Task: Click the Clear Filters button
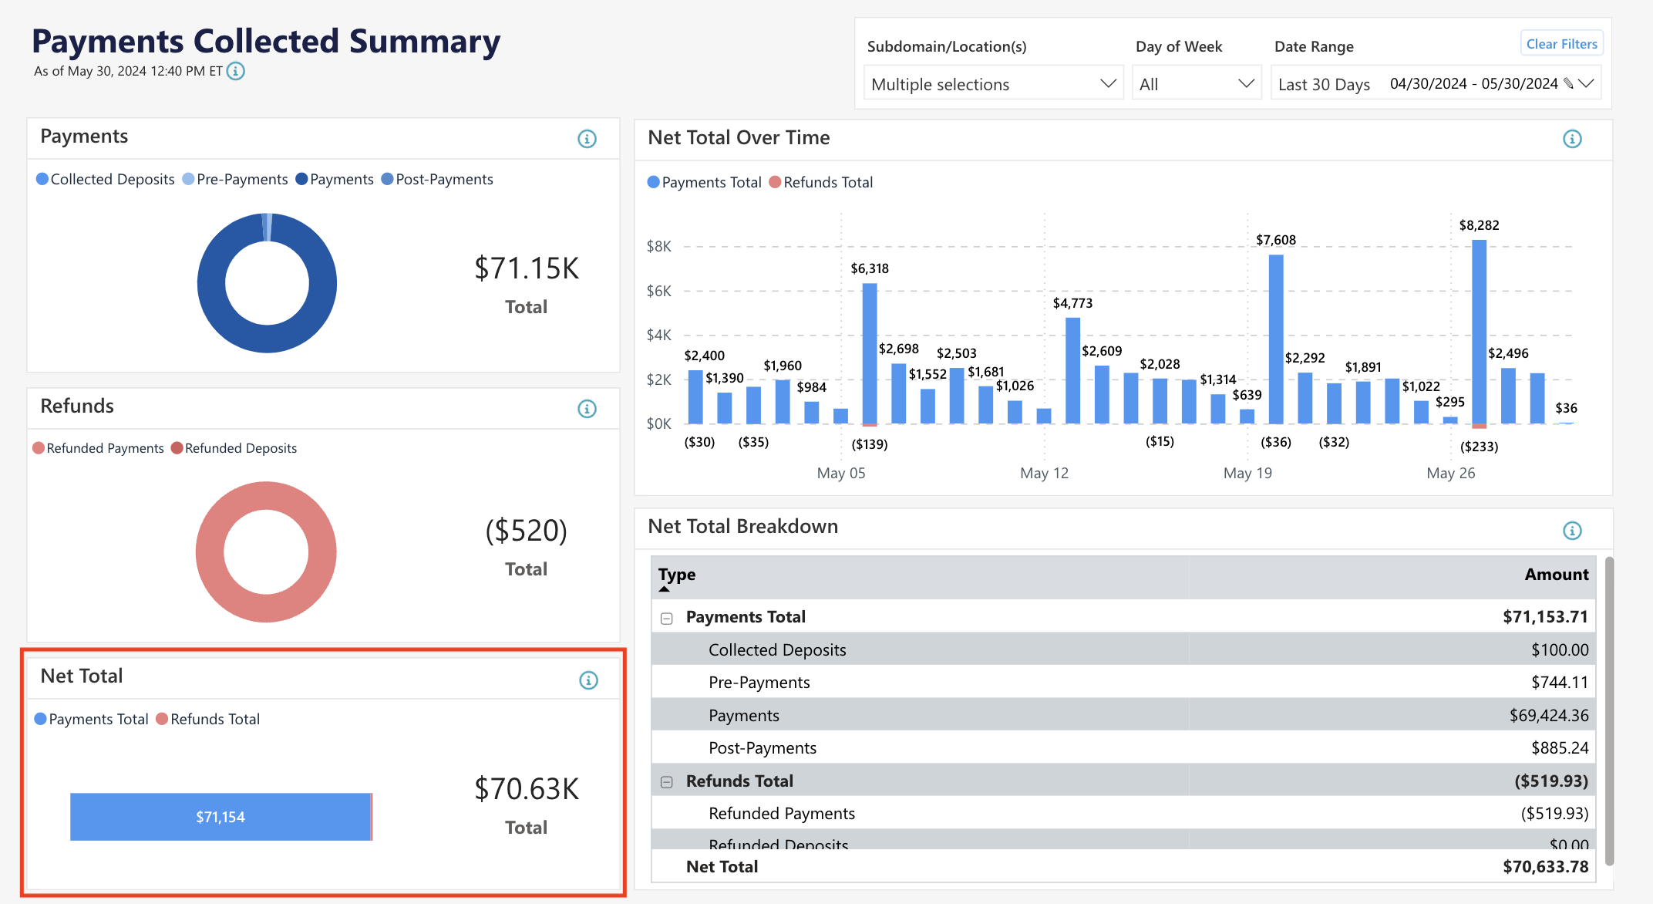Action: (1561, 44)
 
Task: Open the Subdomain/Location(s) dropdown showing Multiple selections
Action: (992, 84)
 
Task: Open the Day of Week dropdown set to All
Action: (1196, 84)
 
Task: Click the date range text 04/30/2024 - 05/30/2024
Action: (1473, 83)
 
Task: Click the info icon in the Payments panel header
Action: (587, 139)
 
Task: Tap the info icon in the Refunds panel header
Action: (587, 409)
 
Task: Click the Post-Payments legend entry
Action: (437, 179)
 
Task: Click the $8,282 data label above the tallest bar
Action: (1479, 225)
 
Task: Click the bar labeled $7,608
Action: (1276, 339)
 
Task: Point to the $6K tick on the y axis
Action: (658, 291)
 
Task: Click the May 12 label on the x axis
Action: (1044, 473)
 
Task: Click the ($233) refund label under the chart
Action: (1479, 447)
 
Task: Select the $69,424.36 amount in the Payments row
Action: (1548, 715)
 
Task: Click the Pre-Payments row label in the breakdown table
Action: (759, 682)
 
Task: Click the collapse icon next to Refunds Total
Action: (667, 782)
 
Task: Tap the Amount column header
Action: (1556, 575)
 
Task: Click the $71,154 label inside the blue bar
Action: (221, 817)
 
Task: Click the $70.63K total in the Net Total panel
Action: (527, 789)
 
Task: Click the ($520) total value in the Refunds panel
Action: (527, 531)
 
